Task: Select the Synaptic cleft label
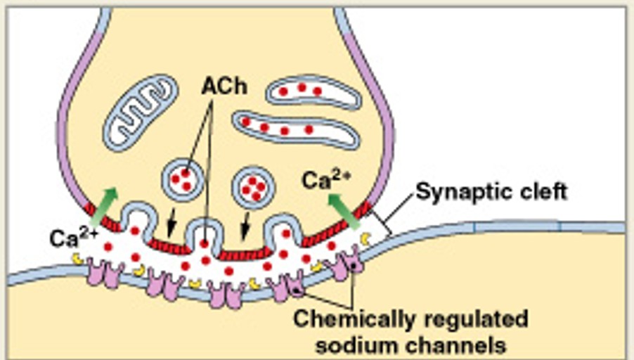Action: [x=491, y=191]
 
